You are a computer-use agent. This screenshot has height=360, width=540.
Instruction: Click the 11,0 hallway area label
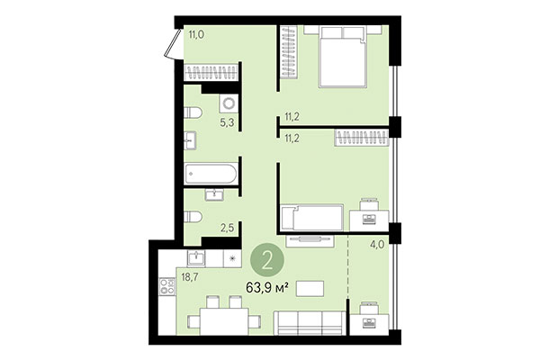point(195,34)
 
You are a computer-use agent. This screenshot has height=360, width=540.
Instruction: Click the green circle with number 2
point(266,261)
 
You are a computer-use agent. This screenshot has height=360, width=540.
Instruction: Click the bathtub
point(211,175)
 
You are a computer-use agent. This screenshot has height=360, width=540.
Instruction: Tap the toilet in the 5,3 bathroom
point(192,112)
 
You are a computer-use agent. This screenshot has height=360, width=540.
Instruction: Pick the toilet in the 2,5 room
point(193,218)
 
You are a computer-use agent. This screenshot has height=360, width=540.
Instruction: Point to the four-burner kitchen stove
point(167,289)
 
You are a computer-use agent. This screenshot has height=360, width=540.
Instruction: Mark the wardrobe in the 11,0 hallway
point(211,72)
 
